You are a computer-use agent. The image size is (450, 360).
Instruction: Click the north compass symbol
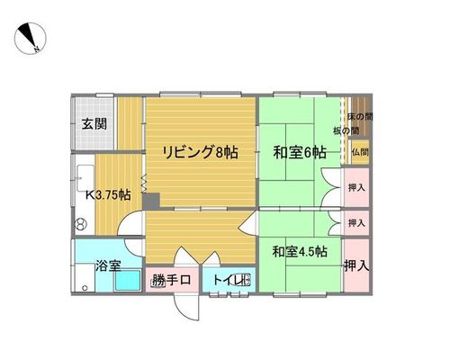(x=30, y=39)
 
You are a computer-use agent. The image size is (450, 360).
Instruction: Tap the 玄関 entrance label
(x=94, y=123)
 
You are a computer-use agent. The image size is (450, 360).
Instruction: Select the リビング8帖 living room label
(x=200, y=152)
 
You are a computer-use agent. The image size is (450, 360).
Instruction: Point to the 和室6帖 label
(x=300, y=152)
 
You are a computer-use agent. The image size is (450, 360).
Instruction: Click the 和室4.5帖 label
(x=300, y=251)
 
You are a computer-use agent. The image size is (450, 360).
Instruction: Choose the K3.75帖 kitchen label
(x=108, y=195)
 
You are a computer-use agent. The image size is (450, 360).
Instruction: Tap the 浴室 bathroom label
(x=108, y=265)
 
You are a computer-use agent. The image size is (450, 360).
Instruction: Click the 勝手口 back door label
(x=171, y=280)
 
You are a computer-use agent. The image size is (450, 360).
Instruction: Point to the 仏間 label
(x=360, y=152)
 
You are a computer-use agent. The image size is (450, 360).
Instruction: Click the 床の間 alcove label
(x=360, y=117)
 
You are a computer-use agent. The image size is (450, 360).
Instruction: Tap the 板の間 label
(x=346, y=130)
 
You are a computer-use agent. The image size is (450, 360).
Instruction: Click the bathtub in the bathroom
(x=128, y=280)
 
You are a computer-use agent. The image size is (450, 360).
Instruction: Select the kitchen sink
(x=85, y=177)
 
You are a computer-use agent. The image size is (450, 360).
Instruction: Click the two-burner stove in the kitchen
(x=81, y=224)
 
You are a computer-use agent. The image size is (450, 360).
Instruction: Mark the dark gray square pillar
(x=150, y=202)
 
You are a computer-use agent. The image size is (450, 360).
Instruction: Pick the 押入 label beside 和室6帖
(x=356, y=188)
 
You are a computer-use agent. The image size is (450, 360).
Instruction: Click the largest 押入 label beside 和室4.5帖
(x=356, y=265)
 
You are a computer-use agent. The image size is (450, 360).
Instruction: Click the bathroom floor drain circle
(x=85, y=288)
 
